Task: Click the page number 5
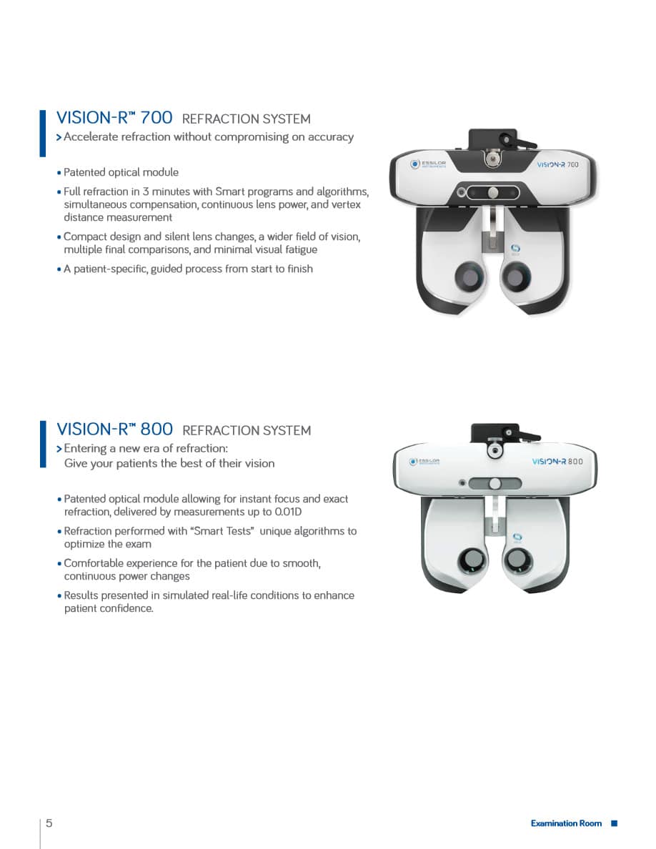49,823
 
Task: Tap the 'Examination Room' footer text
566,824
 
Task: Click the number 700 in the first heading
156,118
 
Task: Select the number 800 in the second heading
156,429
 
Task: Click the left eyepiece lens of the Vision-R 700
468,274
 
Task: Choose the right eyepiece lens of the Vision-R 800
517,560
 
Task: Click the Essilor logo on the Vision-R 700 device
429,164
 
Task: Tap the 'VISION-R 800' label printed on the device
557,462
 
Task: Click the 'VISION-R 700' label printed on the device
557,164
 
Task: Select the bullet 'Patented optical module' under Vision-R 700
121,172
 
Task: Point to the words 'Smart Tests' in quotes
227,531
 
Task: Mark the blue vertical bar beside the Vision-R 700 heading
42,133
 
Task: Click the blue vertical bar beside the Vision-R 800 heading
42,444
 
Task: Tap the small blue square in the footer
614,824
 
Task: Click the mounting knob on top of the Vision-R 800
494,452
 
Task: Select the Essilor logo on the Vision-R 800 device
424,462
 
